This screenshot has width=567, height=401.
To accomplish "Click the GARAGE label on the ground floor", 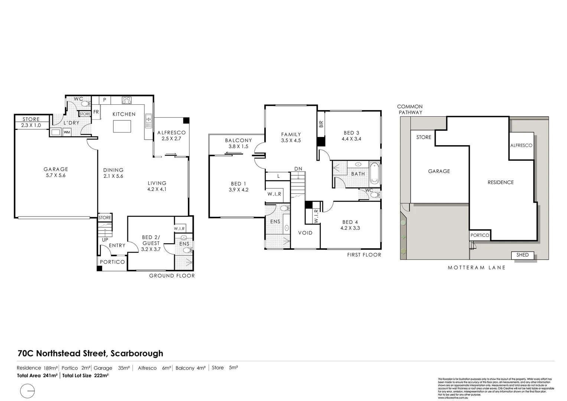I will point(56,172).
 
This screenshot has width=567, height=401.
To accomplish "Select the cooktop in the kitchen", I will point(127,100).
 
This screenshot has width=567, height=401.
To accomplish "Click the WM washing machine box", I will point(67,132).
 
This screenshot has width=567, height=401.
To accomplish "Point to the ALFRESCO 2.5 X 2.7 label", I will point(171,136).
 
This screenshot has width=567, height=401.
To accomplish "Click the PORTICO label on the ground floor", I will point(113,262).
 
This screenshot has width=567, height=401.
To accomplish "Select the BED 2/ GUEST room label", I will point(151,243).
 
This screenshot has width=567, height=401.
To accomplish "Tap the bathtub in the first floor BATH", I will point(374,173).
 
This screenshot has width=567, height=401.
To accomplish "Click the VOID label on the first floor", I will point(305,233).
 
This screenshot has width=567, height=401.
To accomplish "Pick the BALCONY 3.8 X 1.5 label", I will point(238,143).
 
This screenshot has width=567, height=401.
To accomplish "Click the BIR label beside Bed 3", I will point(321,124).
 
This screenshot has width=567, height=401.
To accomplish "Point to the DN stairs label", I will point(298,169).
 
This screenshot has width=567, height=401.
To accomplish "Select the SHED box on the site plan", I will point(522,255).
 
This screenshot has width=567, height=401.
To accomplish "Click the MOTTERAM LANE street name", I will point(476,267).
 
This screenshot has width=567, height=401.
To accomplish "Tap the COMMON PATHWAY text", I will point(410,109).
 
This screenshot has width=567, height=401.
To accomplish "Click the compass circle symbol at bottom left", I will point(28,391).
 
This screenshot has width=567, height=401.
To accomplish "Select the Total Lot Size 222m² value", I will point(85,375).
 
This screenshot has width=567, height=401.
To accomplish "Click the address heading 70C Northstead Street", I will point(91,353).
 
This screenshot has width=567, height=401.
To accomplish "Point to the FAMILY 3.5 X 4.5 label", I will point(291,137).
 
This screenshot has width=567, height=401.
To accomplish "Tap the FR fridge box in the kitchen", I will point(96,112).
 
